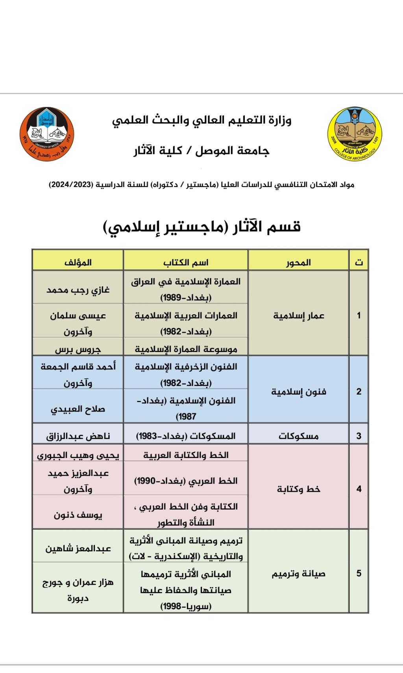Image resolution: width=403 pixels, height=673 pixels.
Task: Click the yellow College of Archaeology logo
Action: click(355, 133)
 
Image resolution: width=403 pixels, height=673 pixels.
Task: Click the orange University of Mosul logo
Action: click(47, 134)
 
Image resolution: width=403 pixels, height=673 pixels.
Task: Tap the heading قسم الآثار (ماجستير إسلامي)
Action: click(201, 227)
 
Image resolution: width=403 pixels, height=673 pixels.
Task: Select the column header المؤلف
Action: click(78, 262)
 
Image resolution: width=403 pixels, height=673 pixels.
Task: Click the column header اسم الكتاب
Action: click(186, 262)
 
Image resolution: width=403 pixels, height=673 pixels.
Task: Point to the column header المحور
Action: click(298, 262)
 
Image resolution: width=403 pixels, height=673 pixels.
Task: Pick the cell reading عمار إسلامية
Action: click(299, 315)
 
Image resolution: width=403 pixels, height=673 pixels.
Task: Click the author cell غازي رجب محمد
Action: click(78, 290)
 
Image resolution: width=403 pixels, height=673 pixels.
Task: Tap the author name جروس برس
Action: click(78, 349)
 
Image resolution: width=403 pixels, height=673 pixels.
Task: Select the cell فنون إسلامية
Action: click(299, 392)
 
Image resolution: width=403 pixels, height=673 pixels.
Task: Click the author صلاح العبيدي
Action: click(78, 409)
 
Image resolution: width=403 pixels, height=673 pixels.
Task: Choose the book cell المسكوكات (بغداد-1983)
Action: click(186, 436)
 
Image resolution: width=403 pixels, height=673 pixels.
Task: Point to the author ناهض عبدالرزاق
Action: click(78, 436)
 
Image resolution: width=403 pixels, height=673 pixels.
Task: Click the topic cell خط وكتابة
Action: click(299, 489)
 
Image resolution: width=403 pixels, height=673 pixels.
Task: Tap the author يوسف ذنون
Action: click(78, 514)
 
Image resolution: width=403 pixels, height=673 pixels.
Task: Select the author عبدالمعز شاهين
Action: click(78, 548)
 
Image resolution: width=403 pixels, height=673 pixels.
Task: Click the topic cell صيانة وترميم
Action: click(299, 574)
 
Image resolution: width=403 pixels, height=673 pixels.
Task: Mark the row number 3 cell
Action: click(359, 436)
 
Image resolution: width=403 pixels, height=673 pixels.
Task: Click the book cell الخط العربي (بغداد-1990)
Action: click(186, 481)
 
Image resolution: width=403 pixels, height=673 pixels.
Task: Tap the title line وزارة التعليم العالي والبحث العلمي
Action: click(201, 120)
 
